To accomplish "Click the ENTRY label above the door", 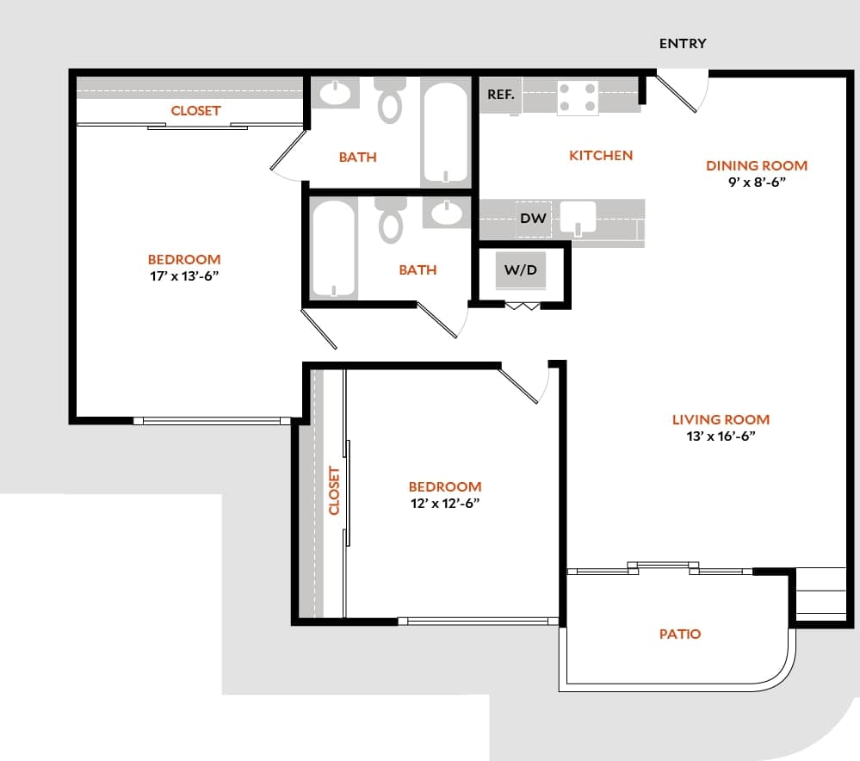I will tap(683, 44).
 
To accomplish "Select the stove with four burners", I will tap(578, 97).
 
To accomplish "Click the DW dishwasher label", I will tap(533, 219).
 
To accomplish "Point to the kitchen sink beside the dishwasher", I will tap(578, 218).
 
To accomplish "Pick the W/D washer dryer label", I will tap(520, 269).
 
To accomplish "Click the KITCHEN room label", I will tap(601, 156).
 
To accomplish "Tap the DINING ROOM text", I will tap(757, 165).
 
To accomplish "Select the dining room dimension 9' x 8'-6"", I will tap(757, 183).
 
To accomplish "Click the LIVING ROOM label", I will tap(721, 420).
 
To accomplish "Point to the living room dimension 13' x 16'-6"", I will tap(721, 436).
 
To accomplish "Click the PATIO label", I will tap(680, 634).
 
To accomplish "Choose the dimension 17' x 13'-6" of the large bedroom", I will tap(183, 275).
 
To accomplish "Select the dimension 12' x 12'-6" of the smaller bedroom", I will tap(444, 503).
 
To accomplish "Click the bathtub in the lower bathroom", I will tap(334, 249).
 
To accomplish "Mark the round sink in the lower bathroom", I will tap(448, 213).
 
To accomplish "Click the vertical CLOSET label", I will tap(335, 491).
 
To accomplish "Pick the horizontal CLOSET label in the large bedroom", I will tap(195, 111).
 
